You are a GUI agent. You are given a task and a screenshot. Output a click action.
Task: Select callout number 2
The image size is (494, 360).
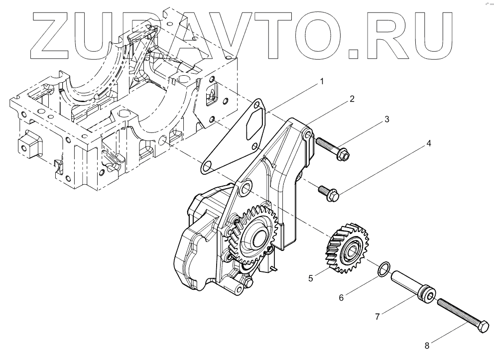(x=352, y=99)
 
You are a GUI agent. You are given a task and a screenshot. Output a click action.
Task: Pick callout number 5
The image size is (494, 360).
(x=311, y=278)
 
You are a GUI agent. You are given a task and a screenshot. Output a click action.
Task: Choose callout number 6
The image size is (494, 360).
(x=342, y=298)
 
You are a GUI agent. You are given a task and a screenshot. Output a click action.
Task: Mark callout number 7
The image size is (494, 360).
(x=377, y=316)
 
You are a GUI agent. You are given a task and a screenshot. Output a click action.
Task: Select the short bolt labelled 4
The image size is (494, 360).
(x=326, y=192)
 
